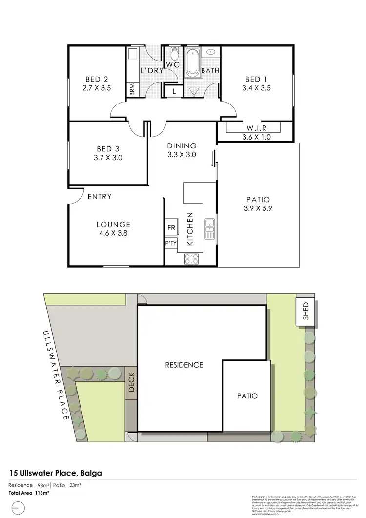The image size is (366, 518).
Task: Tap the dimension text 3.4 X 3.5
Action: coord(256,88)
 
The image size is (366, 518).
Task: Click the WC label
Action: coord(173,65)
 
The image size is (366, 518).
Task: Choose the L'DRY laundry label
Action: coord(151,71)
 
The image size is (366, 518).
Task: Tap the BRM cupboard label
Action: coord(132,90)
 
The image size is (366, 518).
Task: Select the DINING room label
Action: coord(182,145)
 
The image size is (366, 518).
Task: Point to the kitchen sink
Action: coord(209,229)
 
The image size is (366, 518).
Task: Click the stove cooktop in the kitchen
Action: coord(191,259)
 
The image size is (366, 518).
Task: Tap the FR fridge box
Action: coord(171,228)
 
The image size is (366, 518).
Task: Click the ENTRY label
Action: coord(100,197)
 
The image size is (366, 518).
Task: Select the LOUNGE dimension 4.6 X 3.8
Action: coord(113,233)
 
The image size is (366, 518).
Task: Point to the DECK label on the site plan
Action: coord(131,383)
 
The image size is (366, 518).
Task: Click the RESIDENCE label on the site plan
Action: coord(183,365)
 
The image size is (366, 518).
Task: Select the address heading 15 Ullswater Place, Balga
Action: coord(56,473)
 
